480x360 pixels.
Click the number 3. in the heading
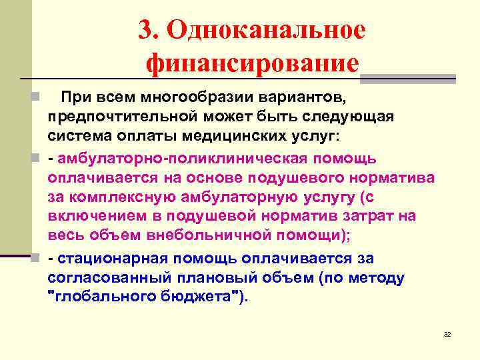pos(148,31)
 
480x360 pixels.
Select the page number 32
pos(447,334)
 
